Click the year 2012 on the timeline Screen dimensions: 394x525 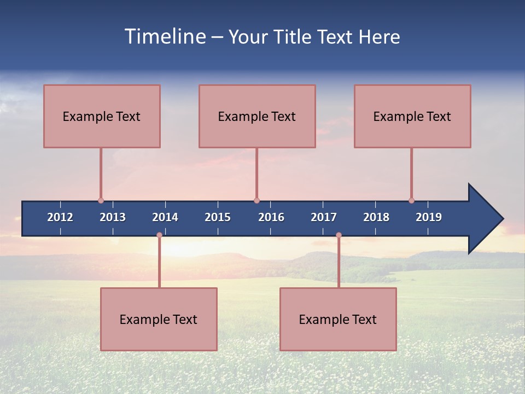coord(60,217)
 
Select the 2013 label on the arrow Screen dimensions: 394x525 coord(113,217)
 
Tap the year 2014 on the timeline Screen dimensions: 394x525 coord(165,217)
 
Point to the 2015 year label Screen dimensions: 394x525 coord(218,217)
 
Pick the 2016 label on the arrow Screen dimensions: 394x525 coord(271,217)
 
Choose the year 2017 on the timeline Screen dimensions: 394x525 coord(324,217)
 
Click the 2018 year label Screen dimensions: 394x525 coord(376,217)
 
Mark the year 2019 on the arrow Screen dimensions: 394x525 coord(429,217)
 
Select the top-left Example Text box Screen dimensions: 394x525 coord(102,117)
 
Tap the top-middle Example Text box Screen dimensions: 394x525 coord(257,117)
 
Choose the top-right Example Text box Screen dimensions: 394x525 coord(412,117)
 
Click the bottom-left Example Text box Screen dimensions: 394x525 coord(159,320)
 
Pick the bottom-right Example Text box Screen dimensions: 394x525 coord(338,320)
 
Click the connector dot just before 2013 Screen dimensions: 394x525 coord(101,201)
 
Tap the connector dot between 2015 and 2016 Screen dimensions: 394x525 coord(256,201)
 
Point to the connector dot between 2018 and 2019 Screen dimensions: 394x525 coord(411,201)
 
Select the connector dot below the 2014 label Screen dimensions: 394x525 coord(159,235)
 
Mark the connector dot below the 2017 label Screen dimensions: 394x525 coord(339,235)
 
